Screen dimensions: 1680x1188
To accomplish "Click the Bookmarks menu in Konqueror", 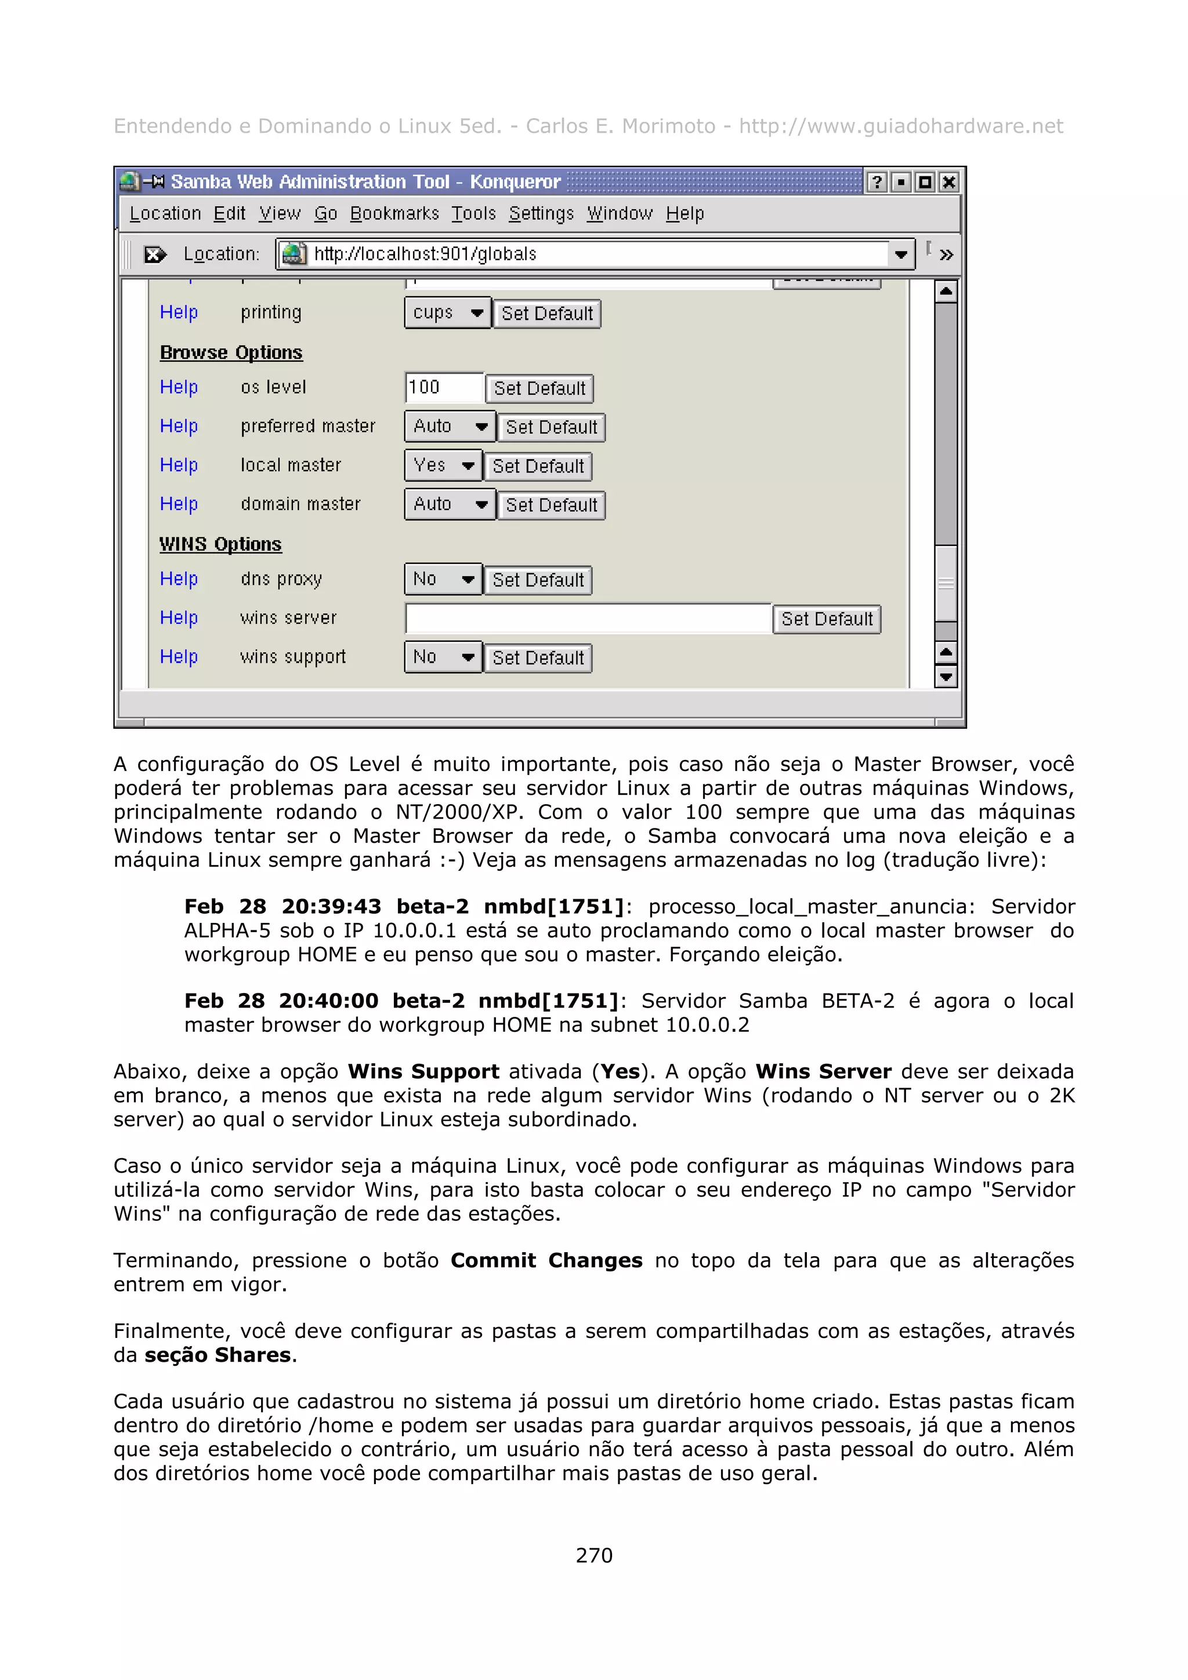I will (394, 214).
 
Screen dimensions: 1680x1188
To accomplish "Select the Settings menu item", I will (541, 214).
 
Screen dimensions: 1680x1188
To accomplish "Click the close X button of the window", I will (948, 182).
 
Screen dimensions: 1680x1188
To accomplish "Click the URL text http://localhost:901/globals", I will (425, 254).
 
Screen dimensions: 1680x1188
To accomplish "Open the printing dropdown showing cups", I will (447, 313).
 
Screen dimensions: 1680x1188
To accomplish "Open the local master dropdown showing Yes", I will (443, 466).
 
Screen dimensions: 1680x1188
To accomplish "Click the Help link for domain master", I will (179, 504).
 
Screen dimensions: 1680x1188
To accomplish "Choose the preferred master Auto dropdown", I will (450, 427).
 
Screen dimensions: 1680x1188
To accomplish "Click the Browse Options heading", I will (230, 352).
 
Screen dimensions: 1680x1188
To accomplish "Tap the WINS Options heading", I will (220, 544).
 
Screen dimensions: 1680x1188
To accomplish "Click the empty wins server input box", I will (588, 619).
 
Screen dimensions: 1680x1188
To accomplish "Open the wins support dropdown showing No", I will (443, 657).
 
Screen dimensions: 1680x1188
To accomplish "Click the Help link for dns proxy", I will (179, 579).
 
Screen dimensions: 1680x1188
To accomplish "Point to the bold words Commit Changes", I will (546, 1261).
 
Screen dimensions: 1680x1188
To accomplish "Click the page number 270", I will (593, 1555).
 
